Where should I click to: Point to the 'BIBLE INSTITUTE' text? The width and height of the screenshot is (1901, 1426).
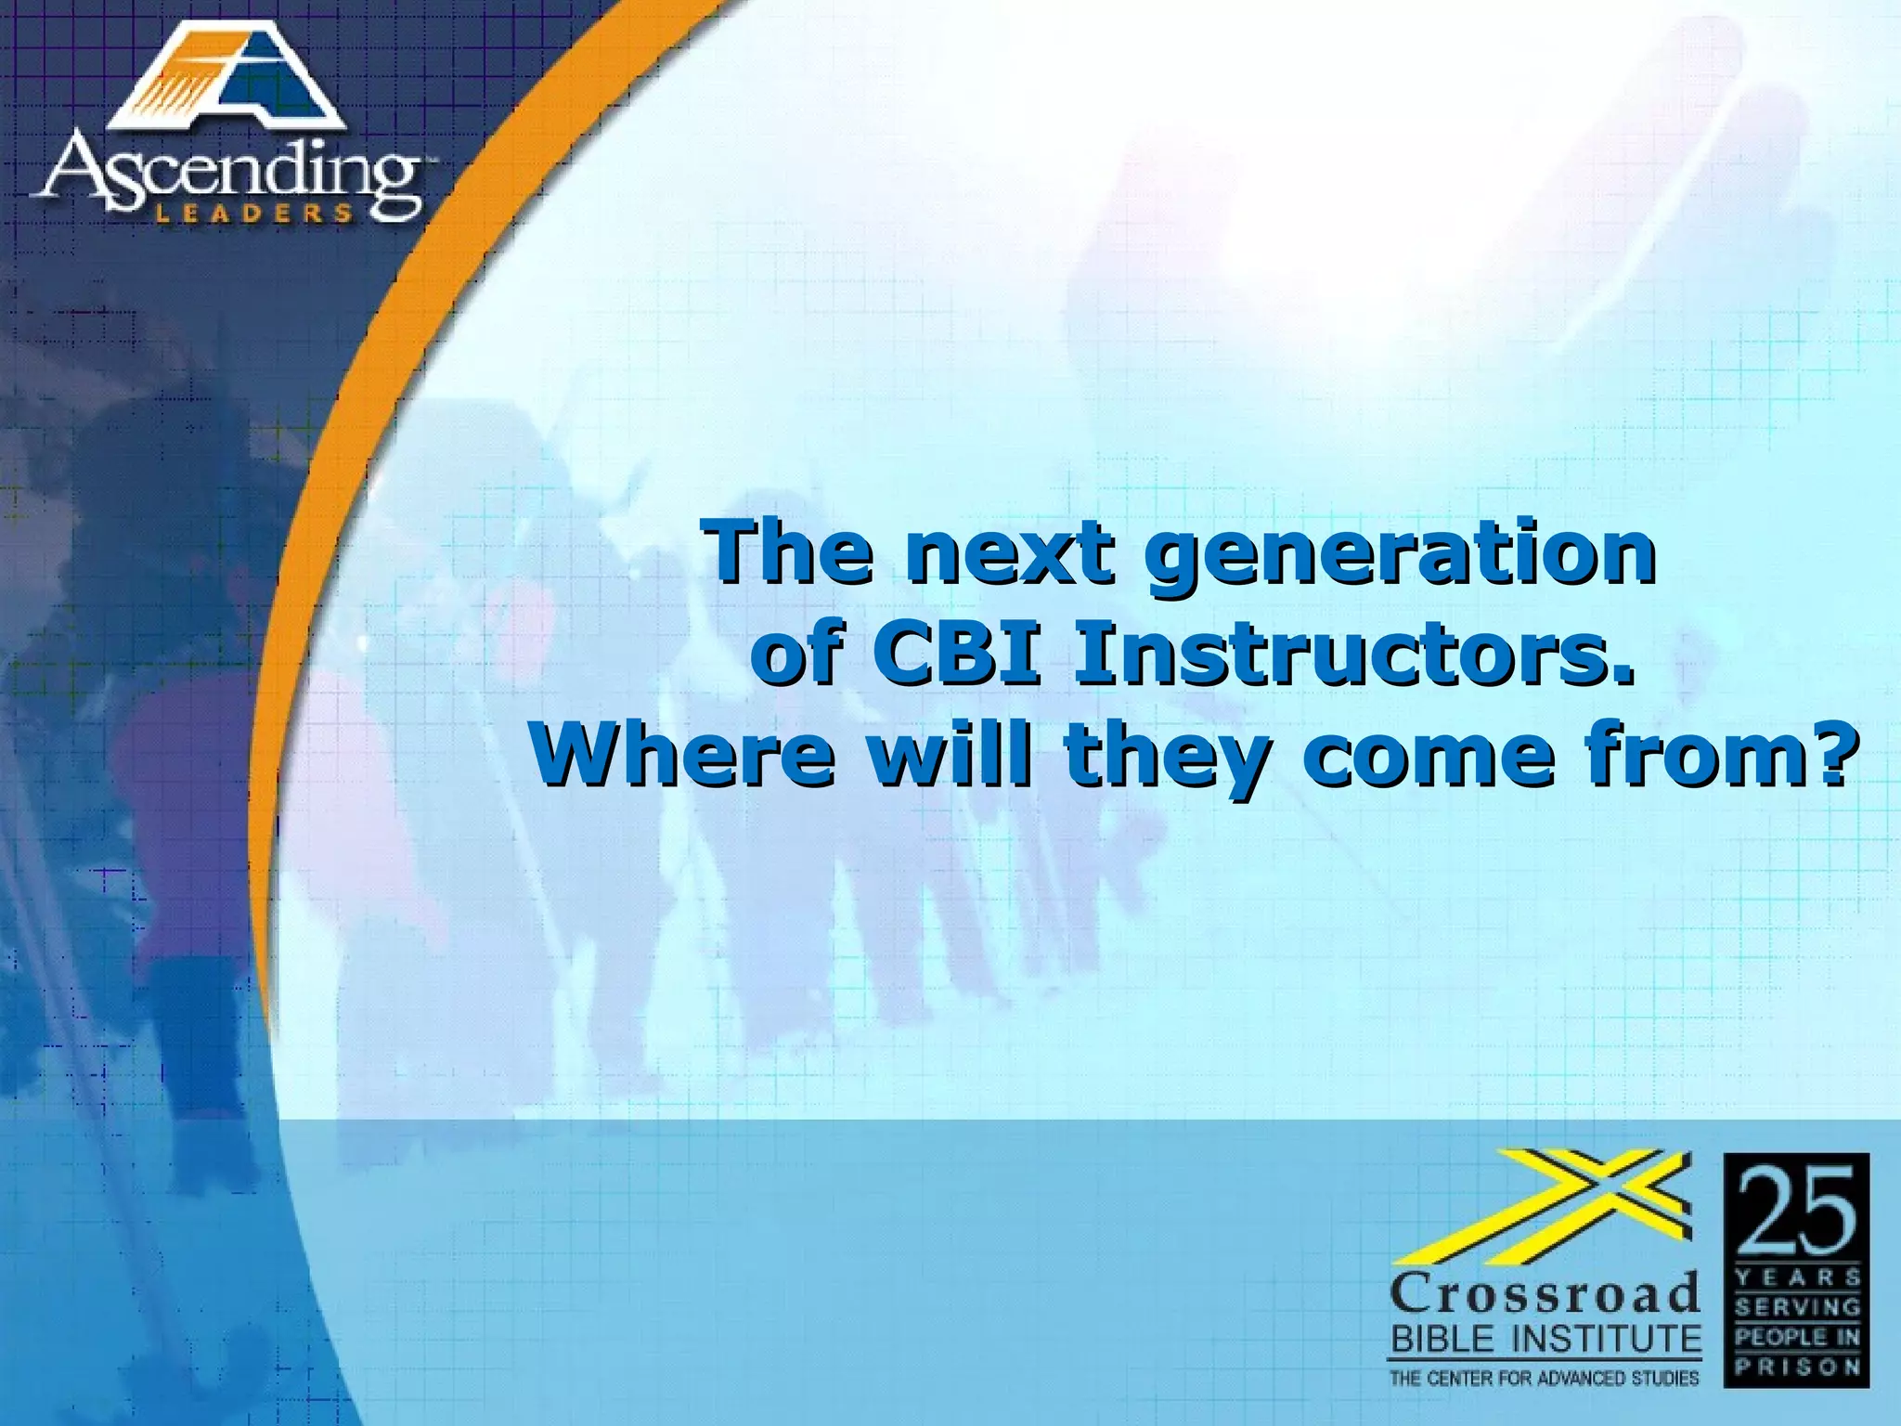click(1545, 1339)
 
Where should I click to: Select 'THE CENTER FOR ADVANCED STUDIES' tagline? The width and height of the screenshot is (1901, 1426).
click(1544, 1378)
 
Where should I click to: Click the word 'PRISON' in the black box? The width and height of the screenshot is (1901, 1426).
click(1797, 1367)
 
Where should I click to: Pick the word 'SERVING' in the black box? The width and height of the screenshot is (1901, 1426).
click(1797, 1307)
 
